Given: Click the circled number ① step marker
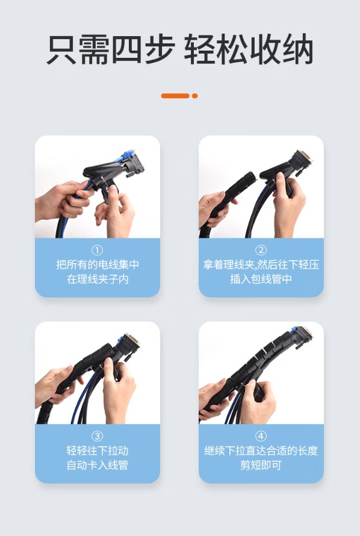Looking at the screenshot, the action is coord(98,251).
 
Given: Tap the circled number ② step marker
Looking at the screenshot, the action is coord(261,251).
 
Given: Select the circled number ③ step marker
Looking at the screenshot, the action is coord(98,437).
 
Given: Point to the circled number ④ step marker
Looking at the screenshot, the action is coord(261,437).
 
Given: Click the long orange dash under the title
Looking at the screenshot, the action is coord(175,96).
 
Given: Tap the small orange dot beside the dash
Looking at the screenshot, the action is coord(194,96).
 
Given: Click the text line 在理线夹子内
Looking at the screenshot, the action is coord(98,279).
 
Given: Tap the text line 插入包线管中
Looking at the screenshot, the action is coord(261,279).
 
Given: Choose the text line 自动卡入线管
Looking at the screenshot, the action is coord(98,465).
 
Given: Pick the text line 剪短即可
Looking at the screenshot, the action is coord(261,465).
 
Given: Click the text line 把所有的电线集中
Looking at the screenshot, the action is coord(98,264).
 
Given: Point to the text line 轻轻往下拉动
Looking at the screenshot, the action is coord(98,450).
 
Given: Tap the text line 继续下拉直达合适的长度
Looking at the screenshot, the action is coord(261,450).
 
